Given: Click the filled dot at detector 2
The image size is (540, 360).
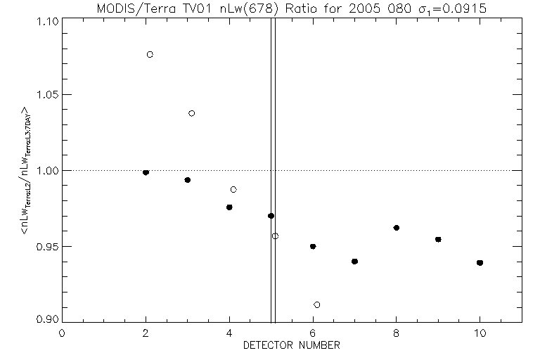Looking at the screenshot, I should [x=146, y=172].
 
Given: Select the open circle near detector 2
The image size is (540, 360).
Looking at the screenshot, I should [x=150, y=54].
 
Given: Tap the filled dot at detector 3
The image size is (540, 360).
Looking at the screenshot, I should [x=187, y=180].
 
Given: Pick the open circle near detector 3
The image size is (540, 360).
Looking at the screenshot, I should [x=192, y=113].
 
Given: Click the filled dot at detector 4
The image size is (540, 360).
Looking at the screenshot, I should [x=229, y=207].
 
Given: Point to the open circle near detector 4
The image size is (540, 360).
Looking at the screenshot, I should [x=233, y=189].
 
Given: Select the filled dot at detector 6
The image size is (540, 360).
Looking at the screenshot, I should [x=313, y=246].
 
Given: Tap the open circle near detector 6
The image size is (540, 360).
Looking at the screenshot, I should [x=317, y=304].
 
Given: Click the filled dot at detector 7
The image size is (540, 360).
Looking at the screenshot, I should [x=354, y=262].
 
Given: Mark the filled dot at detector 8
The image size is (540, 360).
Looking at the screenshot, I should [x=397, y=228].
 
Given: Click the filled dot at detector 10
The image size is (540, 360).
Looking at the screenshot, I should [x=480, y=263].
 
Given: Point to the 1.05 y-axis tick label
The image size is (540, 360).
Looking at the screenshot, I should [x=46, y=95].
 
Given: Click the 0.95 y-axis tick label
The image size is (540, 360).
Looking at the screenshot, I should [x=46, y=246].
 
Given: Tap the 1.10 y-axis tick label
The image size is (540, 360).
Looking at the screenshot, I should [x=46, y=21].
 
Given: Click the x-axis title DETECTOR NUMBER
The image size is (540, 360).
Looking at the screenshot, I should [x=292, y=345].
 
